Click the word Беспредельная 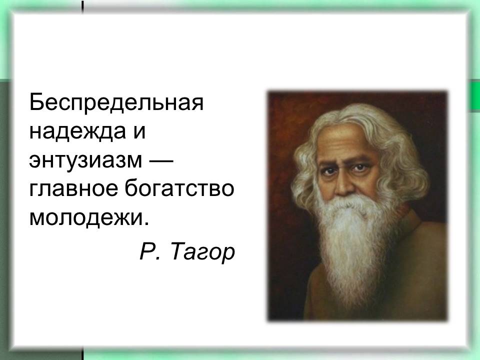(116, 102)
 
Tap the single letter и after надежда (139, 132)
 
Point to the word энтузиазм (85, 160)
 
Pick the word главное (73, 189)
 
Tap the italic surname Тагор (202, 252)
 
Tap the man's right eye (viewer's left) (328, 170)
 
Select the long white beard (352, 245)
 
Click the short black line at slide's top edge (82, 6)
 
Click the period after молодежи (146, 224)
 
